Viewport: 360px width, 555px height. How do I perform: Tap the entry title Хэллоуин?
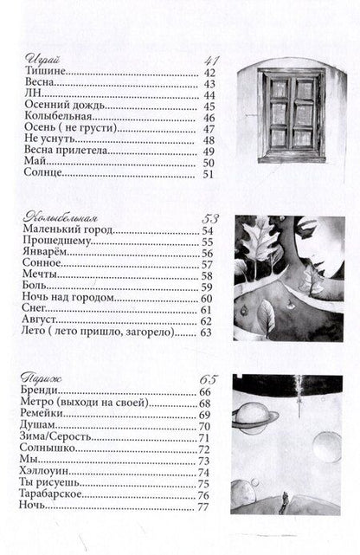43,472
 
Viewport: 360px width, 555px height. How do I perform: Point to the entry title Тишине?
40,72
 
